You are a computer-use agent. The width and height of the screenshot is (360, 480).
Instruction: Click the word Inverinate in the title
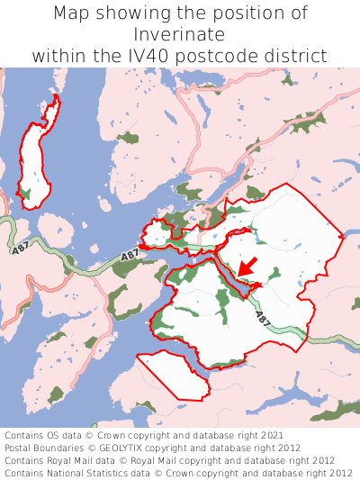pos(180,34)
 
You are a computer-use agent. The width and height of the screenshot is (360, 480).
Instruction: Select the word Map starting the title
pos(72,14)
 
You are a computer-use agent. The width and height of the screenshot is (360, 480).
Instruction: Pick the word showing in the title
pos(130,14)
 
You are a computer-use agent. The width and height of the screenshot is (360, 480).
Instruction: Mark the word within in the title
pos(61,55)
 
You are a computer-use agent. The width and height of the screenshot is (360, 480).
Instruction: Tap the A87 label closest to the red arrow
pos(262,318)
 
